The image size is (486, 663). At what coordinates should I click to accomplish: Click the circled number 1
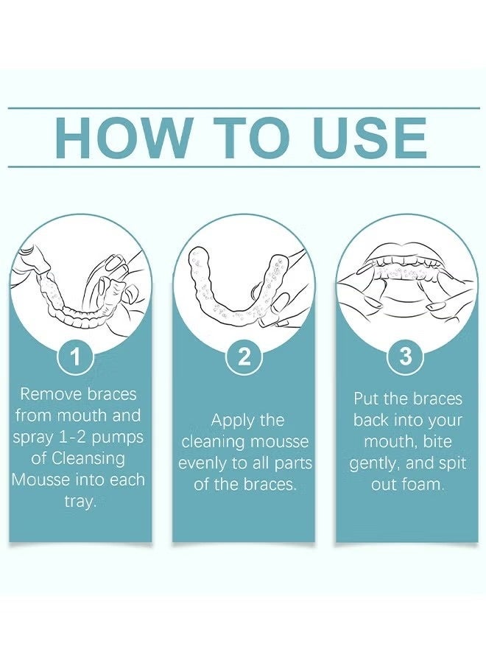(76, 357)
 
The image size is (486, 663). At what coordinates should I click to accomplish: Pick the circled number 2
(244, 357)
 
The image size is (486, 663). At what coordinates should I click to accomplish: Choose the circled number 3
(405, 356)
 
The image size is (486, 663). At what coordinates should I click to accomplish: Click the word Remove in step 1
(51, 394)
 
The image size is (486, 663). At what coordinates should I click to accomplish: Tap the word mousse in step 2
(280, 442)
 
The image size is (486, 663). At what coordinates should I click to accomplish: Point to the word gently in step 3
(374, 464)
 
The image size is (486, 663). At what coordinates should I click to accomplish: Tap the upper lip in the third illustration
(406, 252)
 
